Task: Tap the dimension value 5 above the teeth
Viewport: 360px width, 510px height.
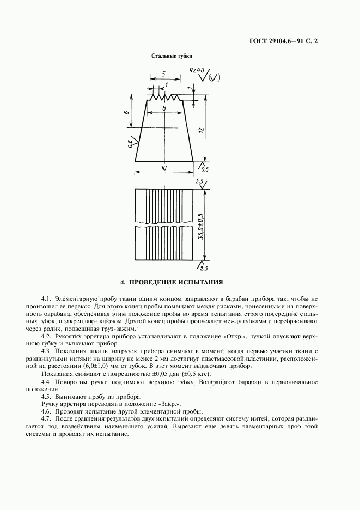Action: (163, 73)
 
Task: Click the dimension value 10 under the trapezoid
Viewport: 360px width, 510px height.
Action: (164, 168)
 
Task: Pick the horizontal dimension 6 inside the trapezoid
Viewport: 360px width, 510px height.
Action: (164, 109)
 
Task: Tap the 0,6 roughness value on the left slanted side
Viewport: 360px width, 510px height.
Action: (130, 144)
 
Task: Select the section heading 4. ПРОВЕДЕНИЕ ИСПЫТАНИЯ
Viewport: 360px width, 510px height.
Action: (172, 282)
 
